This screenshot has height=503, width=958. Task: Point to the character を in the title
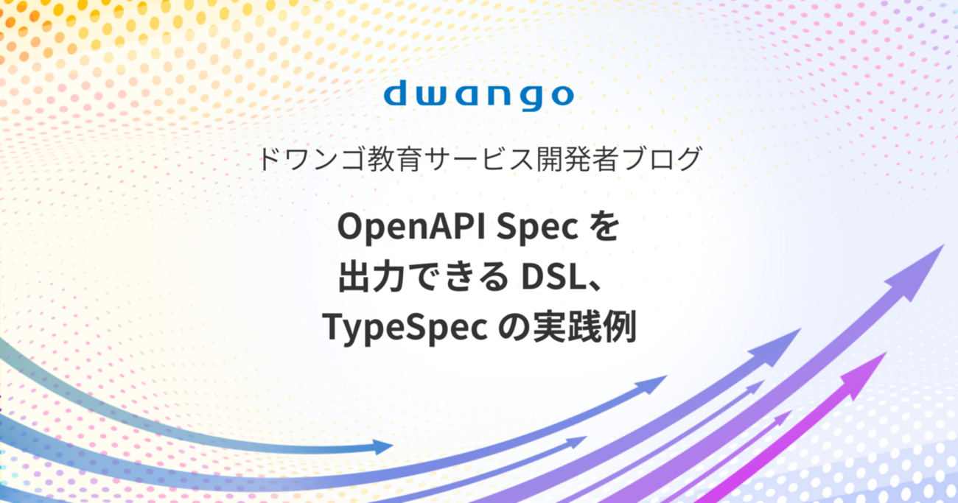pyautogui.click(x=604, y=228)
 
